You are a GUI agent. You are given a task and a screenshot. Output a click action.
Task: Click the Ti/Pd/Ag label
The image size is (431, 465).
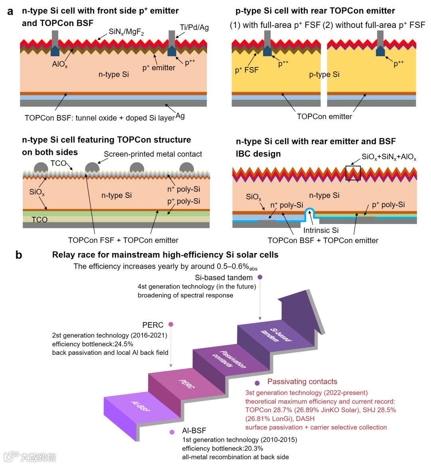pos(194,27)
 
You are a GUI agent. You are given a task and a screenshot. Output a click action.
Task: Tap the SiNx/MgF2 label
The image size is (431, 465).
pos(126,32)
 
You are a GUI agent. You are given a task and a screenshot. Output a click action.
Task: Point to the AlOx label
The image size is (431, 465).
pos(60,64)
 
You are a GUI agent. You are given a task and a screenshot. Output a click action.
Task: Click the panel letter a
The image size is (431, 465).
pos(10,12)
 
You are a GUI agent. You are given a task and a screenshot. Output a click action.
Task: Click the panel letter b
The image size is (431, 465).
pos(18,255)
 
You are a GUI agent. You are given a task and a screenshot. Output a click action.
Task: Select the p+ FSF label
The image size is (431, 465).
pos(247,70)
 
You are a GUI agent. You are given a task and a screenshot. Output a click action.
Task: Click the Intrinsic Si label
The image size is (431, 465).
pos(321,230)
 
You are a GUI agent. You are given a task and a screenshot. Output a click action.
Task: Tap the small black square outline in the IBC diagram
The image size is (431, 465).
pos(353,173)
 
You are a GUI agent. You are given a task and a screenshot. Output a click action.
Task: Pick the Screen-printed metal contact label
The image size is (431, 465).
pos(153,154)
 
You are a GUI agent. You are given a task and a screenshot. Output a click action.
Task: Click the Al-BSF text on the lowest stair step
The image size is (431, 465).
pos(141,406)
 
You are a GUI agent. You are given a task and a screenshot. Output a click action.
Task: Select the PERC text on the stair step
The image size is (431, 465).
pos(186,384)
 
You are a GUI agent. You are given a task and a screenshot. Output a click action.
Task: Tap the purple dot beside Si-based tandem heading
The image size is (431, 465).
pos(260,277)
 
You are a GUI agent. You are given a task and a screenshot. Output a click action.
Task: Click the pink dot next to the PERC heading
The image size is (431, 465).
pos(171,325)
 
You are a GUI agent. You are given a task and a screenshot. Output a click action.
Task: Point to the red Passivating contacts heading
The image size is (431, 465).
pos(302,382)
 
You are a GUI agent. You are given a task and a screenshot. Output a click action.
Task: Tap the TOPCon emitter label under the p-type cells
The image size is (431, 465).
pos(324,117)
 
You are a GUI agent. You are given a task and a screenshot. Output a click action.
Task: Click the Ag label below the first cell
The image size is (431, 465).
pos(180,116)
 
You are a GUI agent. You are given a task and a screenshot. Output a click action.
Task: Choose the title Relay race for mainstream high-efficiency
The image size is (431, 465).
pos(165,255)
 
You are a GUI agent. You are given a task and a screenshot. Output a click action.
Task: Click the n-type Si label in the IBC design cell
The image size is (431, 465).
pos(324,195)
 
